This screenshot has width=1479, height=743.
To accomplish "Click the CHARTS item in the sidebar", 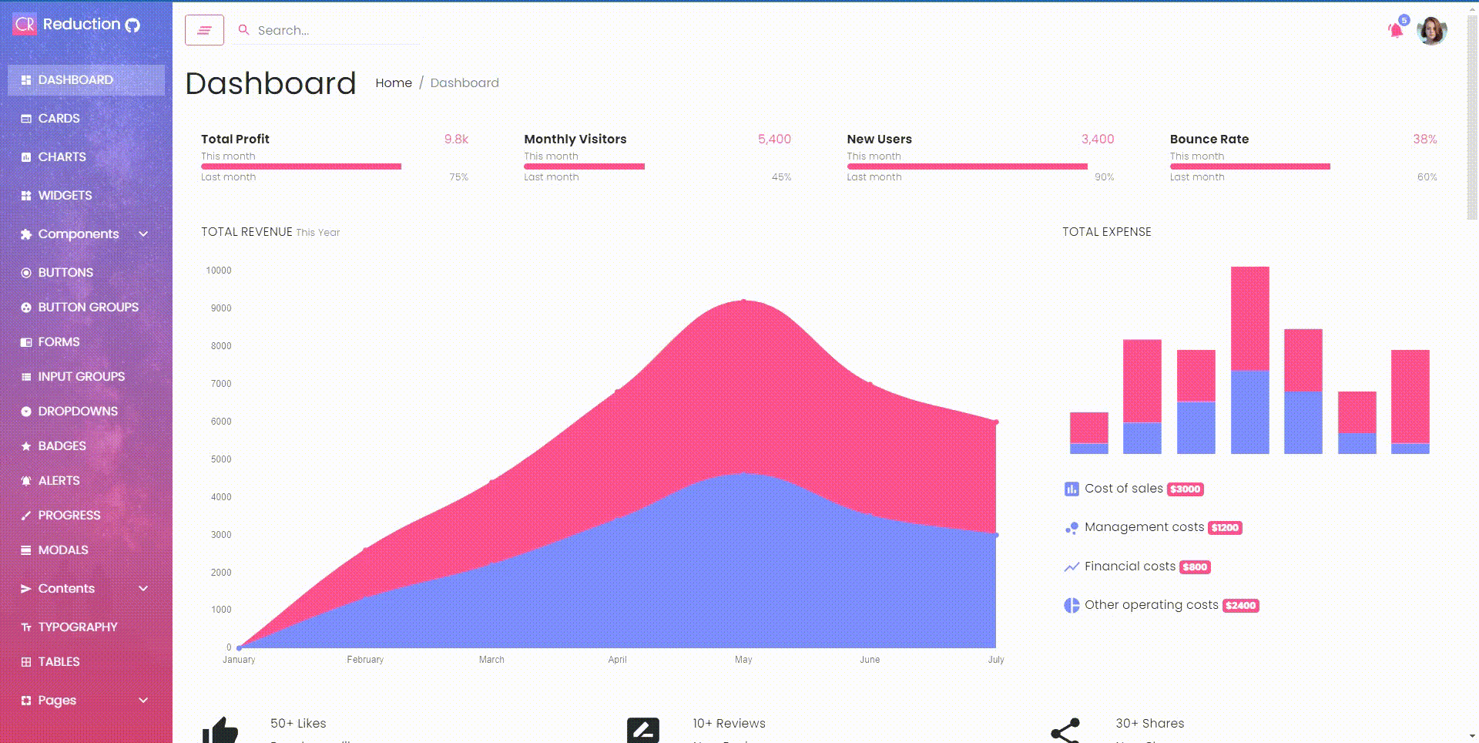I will pyautogui.click(x=62, y=157).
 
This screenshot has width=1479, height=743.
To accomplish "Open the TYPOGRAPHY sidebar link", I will pyautogui.click(x=77, y=627).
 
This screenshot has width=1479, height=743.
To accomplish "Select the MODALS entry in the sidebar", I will pyautogui.click(x=62, y=550).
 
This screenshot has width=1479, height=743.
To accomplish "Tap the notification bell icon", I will pyautogui.click(x=1395, y=31).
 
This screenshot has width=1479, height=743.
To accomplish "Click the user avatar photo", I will pyautogui.click(x=1431, y=31).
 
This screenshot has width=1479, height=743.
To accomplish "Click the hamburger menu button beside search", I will pyautogui.click(x=204, y=30).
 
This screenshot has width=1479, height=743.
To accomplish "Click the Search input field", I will pyautogui.click(x=331, y=30).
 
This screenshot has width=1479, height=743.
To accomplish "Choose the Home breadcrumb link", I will pyautogui.click(x=394, y=83).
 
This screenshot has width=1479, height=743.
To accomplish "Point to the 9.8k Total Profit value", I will pyautogui.click(x=456, y=140).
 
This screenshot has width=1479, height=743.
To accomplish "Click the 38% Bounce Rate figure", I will pyautogui.click(x=1424, y=140).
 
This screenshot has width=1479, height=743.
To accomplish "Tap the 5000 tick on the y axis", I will pyautogui.click(x=221, y=459).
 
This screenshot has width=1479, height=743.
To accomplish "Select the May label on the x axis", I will pyautogui.click(x=743, y=660).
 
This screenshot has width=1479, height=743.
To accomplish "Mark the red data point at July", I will pyautogui.click(x=996, y=422).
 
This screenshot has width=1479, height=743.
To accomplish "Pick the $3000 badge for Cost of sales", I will pyautogui.click(x=1186, y=489).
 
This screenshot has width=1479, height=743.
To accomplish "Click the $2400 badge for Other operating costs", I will pyautogui.click(x=1241, y=606).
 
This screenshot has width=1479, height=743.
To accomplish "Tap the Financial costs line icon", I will pyautogui.click(x=1072, y=567).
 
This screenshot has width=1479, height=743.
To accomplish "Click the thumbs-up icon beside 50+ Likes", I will pyautogui.click(x=220, y=729).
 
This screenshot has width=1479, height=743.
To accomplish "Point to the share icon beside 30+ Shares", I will pyautogui.click(x=1065, y=731).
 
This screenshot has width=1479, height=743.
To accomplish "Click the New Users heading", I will pyautogui.click(x=879, y=140).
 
